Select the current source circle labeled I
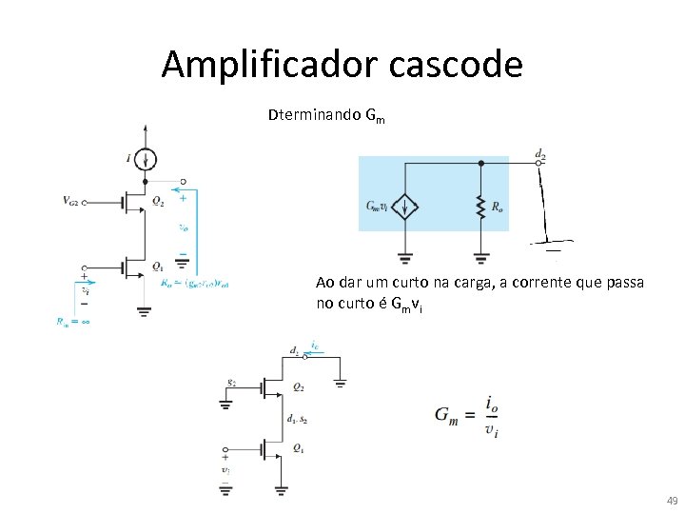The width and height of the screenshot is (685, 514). (x=145, y=158)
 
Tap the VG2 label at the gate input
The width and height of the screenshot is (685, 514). (x=75, y=201)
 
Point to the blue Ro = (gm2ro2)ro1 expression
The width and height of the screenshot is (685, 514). (x=196, y=282)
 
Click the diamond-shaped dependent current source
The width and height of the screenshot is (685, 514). (x=405, y=207)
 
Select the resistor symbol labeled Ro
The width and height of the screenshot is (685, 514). (x=480, y=206)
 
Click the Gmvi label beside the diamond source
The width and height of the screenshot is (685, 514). (x=379, y=206)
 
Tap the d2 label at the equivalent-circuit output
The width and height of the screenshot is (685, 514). (x=539, y=152)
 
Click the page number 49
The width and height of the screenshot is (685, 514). (x=672, y=501)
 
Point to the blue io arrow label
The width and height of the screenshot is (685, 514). (x=315, y=347)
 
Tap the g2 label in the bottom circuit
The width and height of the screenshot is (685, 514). (x=232, y=382)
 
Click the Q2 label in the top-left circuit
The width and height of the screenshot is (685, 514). (x=157, y=202)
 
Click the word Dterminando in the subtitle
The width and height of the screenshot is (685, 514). (x=314, y=115)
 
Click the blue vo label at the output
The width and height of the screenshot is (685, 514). (x=183, y=227)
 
